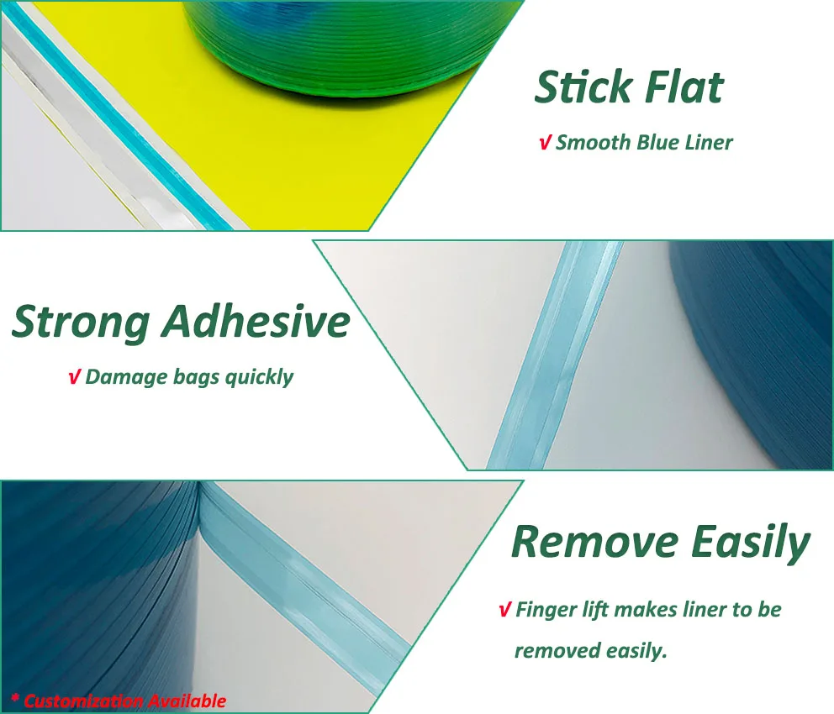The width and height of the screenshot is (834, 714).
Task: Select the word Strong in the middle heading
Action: coord(81,322)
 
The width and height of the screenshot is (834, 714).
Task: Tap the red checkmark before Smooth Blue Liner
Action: coord(544,143)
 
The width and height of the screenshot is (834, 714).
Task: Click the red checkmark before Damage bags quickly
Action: coord(74,377)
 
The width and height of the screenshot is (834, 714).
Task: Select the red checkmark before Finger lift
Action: coord(504,610)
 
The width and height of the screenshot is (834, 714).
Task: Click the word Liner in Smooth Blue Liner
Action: coord(707,143)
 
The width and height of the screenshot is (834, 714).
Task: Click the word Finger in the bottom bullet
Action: coord(544,610)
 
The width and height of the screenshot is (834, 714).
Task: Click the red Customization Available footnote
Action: coord(119,701)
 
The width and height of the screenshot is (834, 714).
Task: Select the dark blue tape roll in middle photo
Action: coord(757,353)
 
